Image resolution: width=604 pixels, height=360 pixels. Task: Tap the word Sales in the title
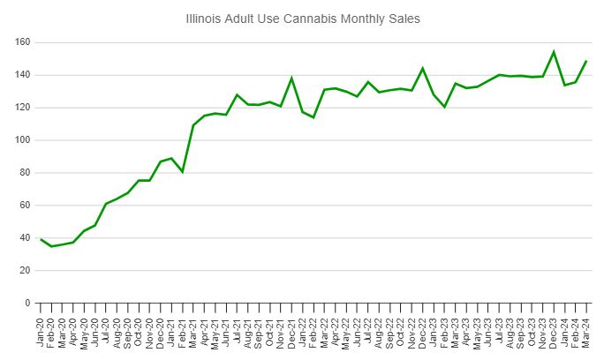(x=400, y=17)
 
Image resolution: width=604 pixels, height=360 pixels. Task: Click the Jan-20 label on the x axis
(x=42, y=331)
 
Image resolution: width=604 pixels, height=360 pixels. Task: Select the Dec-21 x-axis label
(x=292, y=331)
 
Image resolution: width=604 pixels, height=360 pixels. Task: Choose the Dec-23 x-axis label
(x=554, y=331)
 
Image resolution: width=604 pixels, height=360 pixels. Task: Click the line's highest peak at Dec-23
(x=554, y=52)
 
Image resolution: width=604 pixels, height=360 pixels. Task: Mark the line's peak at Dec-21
(x=292, y=79)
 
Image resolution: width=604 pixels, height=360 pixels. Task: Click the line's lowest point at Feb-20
(x=52, y=246)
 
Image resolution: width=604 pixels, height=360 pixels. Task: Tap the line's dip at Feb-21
(x=183, y=171)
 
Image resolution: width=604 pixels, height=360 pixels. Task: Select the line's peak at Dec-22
(x=423, y=68)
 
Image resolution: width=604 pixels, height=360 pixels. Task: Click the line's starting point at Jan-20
(x=42, y=239)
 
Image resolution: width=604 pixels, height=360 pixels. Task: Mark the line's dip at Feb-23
(x=445, y=107)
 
